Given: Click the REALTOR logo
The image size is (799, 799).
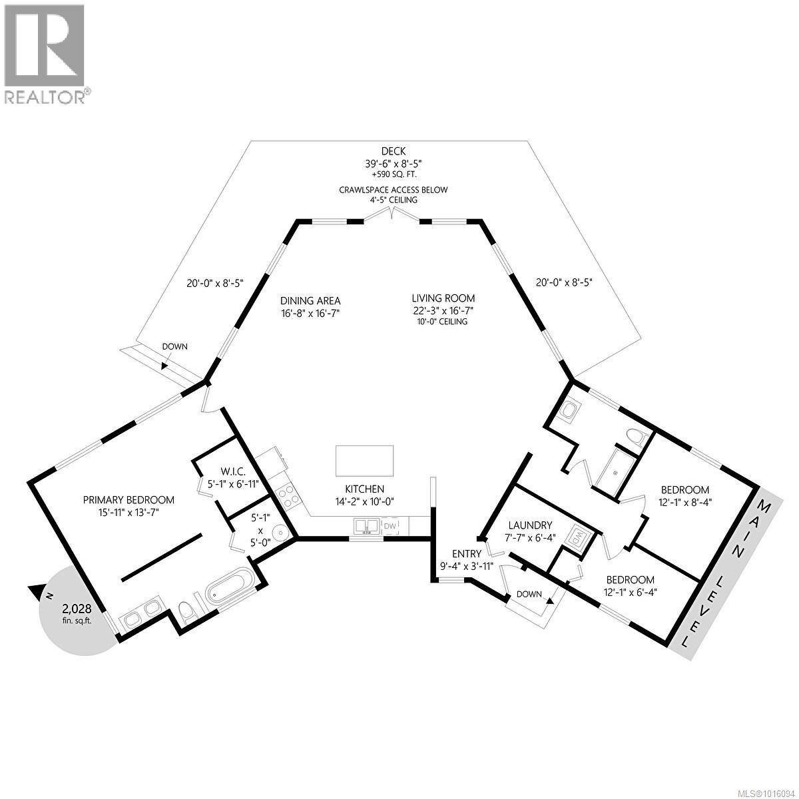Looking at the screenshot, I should tap(45, 53).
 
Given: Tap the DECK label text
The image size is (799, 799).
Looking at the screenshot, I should tap(394, 151).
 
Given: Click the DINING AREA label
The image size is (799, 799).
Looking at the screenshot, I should tap(310, 301).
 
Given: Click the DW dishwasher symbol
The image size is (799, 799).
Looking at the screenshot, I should tap(390, 527).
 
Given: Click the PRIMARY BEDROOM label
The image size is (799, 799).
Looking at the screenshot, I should tap(129, 499).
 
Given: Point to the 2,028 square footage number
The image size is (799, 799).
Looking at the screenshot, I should tap(77, 608).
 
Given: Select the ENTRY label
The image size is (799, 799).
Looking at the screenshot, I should tap(465, 554).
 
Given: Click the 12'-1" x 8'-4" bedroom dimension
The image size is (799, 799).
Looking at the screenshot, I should tap(685, 502).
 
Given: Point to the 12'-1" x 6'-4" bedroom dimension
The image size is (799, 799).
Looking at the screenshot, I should tap(629, 592).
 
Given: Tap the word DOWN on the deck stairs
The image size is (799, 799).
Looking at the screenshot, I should tap(175, 346).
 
